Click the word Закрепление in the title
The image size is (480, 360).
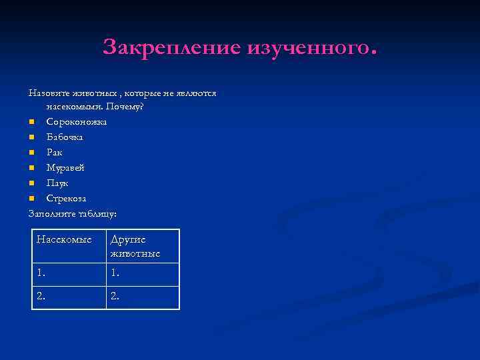(x=172, y=47)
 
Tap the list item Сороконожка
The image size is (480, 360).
(x=76, y=121)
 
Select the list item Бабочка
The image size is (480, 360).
(x=65, y=137)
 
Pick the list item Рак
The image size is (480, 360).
(x=54, y=152)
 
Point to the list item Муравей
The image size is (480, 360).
(x=65, y=167)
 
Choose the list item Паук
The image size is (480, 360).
(x=57, y=183)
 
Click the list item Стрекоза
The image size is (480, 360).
(x=66, y=198)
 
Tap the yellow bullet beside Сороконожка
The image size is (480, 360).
(x=31, y=122)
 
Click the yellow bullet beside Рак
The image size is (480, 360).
(x=31, y=153)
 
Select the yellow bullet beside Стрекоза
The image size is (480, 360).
(x=31, y=199)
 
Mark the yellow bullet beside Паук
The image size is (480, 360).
(x=31, y=183)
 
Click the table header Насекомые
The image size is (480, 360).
(x=64, y=240)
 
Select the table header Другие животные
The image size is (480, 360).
(x=135, y=247)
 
